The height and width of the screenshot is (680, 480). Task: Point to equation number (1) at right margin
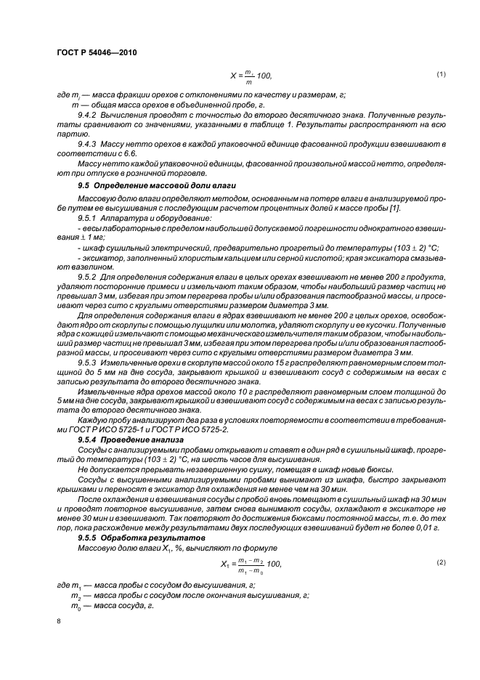pyautogui.click(x=439, y=74)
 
